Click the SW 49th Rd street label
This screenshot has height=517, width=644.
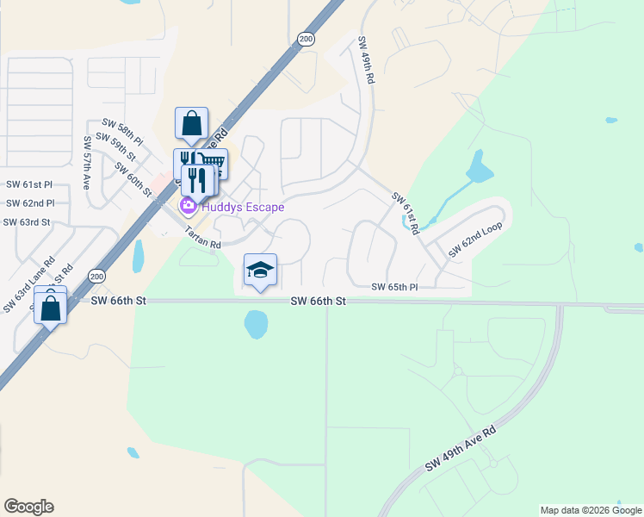(x=366, y=60)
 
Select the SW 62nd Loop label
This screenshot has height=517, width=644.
(x=474, y=240)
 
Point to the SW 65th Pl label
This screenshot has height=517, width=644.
(x=394, y=287)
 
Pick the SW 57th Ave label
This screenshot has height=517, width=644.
(x=87, y=163)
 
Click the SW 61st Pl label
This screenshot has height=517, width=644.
(x=29, y=184)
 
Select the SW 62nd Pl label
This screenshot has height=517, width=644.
(x=29, y=203)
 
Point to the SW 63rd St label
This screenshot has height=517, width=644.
(x=27, y=222)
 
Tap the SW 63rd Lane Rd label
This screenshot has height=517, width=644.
(x=29, y=283)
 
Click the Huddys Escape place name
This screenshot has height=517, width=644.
(x=243, y=207)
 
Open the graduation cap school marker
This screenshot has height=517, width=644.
(x=261, y=271)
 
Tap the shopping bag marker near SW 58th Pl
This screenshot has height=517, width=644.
(x=191, y=123)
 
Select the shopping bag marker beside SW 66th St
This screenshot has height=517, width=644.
(x=51, y=306)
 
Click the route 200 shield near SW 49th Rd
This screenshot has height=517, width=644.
(x=306, y=39)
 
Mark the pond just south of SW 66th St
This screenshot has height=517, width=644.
(x=256, y=324)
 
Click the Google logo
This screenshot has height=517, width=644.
(x=28, y=507)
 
